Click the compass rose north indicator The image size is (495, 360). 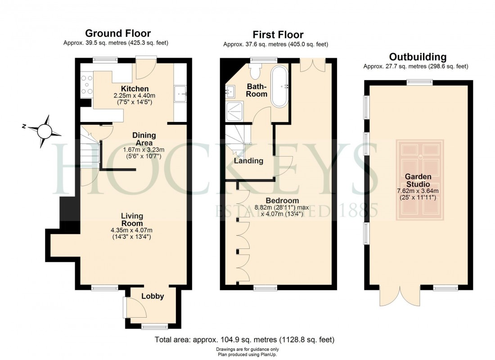coord(45,130)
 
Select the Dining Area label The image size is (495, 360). coord(144,139)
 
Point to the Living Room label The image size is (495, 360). coord(132,220)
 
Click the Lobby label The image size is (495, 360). coord(153,296)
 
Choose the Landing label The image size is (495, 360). coord(248,161)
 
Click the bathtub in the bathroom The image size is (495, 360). coord(280,87)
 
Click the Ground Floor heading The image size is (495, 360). coord(118,33)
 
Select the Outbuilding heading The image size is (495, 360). coord(418,57)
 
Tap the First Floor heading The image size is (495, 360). coord(278,34)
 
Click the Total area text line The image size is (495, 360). coord(244,339)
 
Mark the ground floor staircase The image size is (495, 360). coord(90,153)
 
